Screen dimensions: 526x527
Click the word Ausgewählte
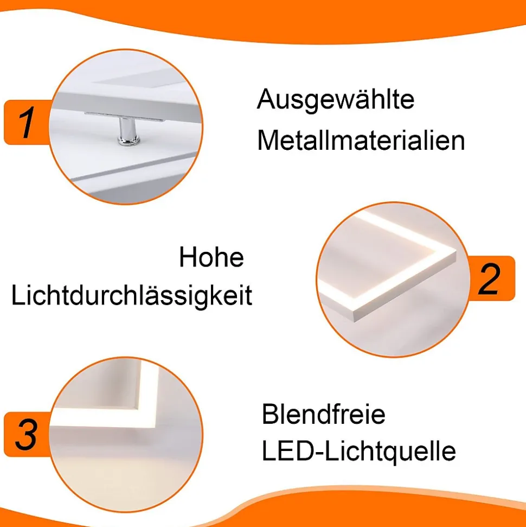pos(336,100)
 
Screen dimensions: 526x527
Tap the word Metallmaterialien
pos(361,140)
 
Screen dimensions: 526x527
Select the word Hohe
pos(211,257)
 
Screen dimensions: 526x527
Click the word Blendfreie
pos(323,414)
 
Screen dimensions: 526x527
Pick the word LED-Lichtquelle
pos(359,450)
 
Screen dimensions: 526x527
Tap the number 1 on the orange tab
pos(26,122)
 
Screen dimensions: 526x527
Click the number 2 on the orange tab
pos(489,278)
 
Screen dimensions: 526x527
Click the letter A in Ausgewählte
pos(267,99)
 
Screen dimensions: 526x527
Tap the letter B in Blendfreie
pos(270,414)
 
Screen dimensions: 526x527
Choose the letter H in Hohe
pos(188,257)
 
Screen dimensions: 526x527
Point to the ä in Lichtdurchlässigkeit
pos(171,296)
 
